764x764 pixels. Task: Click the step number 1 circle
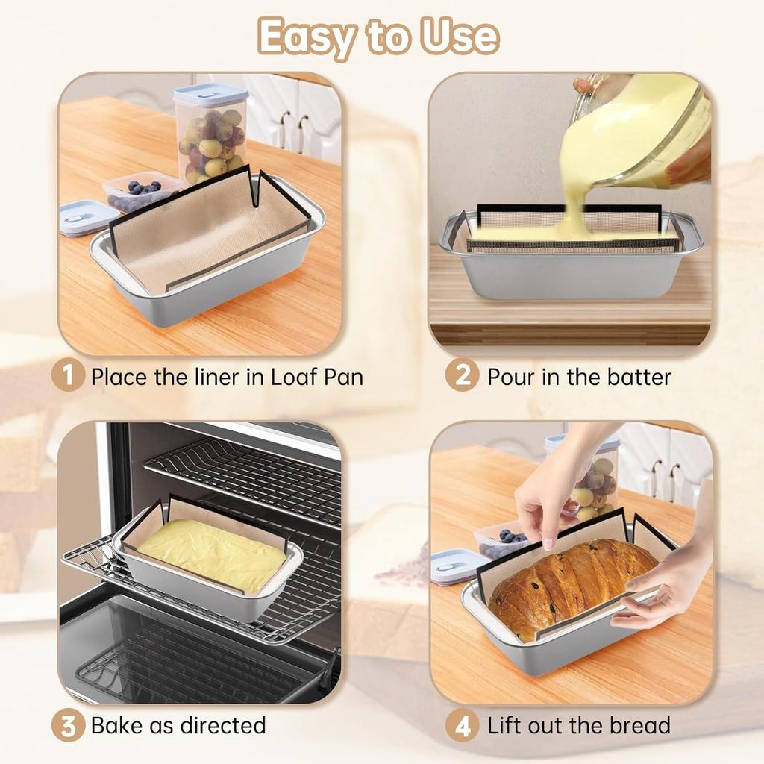69,376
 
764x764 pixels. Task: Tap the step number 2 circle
462,376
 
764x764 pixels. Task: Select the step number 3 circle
69,725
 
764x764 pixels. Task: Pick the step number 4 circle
462,725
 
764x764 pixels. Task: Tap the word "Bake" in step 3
116,725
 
